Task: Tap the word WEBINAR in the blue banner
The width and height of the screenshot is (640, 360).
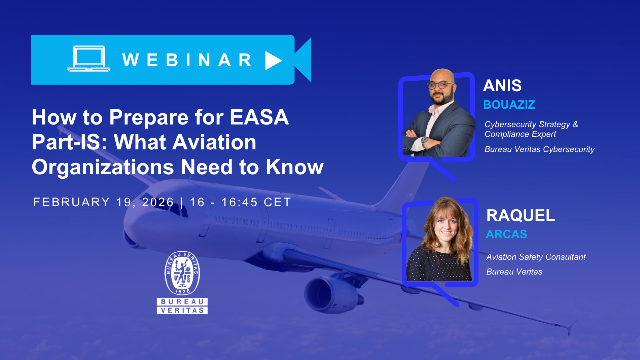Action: [188, 60]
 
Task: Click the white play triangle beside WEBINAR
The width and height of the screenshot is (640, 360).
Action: [273, 60]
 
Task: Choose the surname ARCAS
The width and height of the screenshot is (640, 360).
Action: [506, 234]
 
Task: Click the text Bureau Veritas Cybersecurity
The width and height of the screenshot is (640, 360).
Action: [539, 149]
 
